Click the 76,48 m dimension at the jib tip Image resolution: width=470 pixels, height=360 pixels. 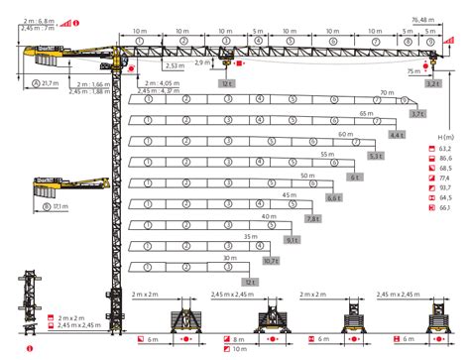(x=429, y=19)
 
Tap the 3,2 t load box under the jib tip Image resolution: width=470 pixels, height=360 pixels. (x=431, y=84)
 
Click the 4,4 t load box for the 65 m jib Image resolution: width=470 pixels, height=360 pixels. (x=397, y=134)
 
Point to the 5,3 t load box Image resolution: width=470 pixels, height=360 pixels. (x=375, y=155)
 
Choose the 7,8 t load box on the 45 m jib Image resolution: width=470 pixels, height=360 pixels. (x=313, y=218)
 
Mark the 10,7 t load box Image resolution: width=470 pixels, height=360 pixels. (x=271, y=261)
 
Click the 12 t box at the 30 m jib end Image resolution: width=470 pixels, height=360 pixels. (x=249, y=282)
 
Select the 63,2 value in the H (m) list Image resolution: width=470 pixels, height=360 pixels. (x=443, y=147)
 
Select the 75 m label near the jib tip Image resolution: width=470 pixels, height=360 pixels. (x=411, y=71)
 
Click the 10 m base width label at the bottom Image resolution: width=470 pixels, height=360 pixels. (x=241, y=350)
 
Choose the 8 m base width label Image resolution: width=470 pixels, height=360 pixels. (x=238, y=339)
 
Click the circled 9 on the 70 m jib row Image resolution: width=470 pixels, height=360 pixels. (x=405, y=101)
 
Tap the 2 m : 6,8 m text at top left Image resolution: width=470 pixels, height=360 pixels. (x=38, y=18)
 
